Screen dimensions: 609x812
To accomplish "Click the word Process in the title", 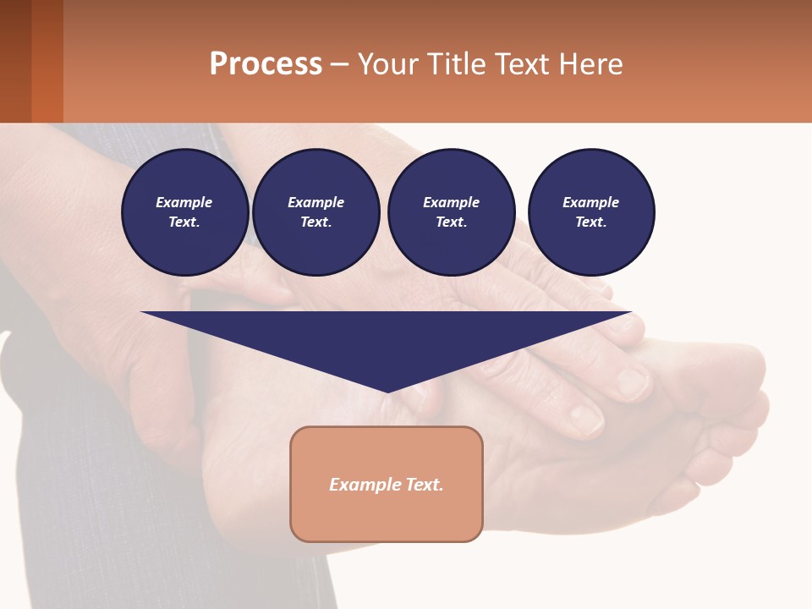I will (266, 64).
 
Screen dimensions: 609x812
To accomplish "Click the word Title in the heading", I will (455, 64).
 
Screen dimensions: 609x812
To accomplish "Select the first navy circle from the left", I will (184, 212).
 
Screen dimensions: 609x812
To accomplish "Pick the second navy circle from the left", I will (315, 212).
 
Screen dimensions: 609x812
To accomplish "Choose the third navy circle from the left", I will (451, 212).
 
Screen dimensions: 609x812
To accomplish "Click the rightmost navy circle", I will (590, 212).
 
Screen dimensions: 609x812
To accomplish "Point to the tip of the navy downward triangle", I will (387, 390).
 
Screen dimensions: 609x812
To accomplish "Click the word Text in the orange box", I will (423, 485).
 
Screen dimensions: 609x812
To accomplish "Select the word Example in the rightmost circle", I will (590, 202).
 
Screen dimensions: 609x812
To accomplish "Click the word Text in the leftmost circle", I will (183, 222).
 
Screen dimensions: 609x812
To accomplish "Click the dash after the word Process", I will (339, 64).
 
